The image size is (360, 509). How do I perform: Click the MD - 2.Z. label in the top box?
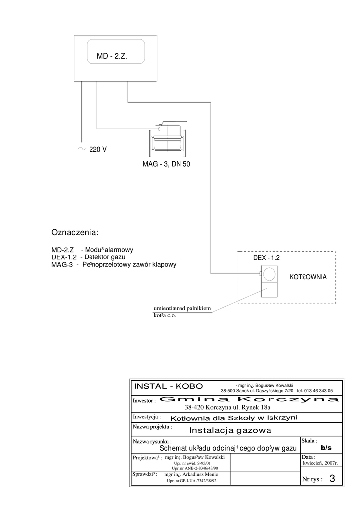112,57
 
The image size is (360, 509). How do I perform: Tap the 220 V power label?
98,149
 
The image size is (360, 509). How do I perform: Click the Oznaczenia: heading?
75,232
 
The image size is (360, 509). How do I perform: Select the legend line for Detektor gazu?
89,257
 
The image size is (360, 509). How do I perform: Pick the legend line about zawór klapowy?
114,265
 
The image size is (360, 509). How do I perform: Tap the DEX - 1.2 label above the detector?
267,258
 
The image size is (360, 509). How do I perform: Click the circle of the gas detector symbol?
270,274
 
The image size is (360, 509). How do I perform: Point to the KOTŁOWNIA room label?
308,277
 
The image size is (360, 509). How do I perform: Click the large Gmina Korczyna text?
250,399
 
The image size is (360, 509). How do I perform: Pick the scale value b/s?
326,448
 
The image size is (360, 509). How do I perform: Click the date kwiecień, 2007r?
320,463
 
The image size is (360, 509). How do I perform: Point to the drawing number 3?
332,479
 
